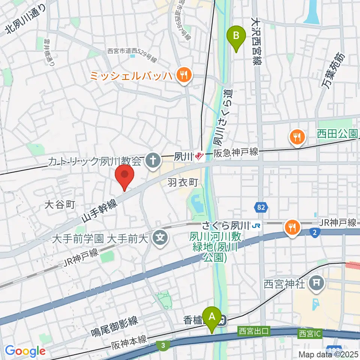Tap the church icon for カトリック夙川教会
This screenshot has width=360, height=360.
[153, 161]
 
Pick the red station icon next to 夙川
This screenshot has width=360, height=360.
[199, 155]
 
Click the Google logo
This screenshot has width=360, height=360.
[25, 351]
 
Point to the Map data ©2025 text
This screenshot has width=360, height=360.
[328, 354]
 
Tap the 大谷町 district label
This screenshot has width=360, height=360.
[60, 204]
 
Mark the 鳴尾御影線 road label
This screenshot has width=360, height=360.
[115, 327]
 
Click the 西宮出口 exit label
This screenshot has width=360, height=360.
[254, 332]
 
